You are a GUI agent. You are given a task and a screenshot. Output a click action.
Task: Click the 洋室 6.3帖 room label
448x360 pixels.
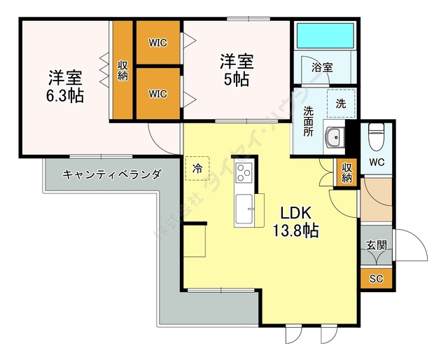66,86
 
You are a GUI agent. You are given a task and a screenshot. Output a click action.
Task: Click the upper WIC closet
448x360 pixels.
158,42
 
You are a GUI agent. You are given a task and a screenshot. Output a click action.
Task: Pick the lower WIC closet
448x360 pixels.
158,93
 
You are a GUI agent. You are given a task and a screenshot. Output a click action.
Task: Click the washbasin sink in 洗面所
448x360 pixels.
334,138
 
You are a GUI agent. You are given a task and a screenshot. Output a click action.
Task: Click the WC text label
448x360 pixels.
377,162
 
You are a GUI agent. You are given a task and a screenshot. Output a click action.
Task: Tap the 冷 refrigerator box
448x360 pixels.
197,168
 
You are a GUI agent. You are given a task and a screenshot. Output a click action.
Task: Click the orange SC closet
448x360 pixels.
376,278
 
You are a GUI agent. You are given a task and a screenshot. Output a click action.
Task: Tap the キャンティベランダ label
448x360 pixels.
112,174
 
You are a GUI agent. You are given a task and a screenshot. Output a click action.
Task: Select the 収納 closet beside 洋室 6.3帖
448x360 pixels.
122,70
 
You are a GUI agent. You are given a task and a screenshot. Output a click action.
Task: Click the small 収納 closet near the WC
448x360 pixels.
346,172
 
